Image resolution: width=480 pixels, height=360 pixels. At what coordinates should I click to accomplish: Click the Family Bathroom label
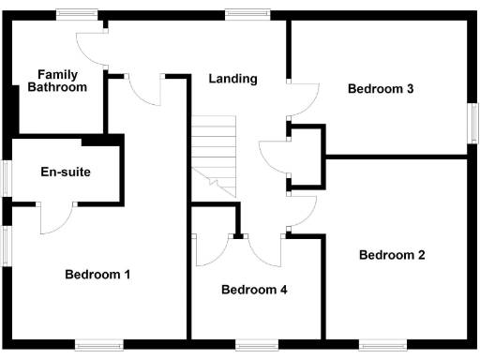point(63,81)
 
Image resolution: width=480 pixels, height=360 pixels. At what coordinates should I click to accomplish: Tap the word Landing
point(232,79)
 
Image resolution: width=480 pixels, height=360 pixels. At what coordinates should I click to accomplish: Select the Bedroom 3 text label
point(381,89)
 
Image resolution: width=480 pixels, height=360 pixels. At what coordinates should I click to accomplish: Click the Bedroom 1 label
point(97,275)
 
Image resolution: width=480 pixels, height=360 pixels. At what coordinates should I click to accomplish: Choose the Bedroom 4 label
point(254,290)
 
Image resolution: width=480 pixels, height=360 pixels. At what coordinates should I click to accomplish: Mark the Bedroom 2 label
point(392,255)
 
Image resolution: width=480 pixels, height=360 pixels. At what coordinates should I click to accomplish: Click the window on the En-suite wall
point(6,178)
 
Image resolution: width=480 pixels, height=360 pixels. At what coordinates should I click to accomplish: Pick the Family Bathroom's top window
point(77,13)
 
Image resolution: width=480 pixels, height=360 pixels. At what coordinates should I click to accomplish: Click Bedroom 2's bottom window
point(382,345)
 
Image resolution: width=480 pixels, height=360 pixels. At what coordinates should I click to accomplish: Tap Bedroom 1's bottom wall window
point(98,345)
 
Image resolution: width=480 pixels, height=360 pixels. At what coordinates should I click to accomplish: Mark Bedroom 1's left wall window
point(6,246)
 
